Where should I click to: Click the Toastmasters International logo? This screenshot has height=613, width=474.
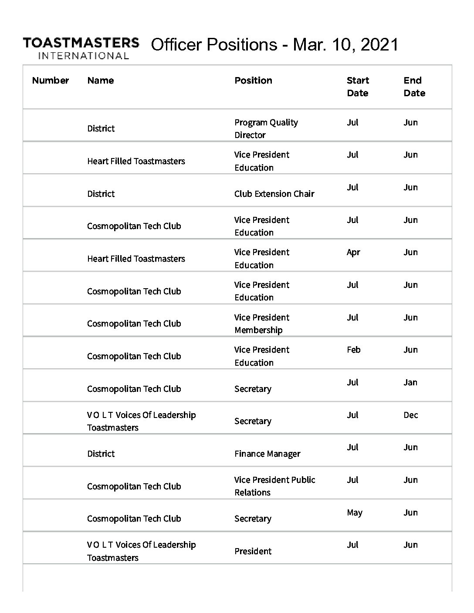[x=81, y=48]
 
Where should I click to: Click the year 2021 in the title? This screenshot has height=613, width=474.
[x=379, y=44]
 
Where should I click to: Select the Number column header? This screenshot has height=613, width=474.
[x=51, y=81]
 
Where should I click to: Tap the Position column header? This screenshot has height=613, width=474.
[x=253, y=81]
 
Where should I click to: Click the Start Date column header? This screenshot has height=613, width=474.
[x=358, y=87]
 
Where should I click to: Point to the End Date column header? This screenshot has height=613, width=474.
[x=414, y=87]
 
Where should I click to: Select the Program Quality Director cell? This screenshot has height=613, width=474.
[x=266, y=129]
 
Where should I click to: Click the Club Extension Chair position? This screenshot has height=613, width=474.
[x=274, y=194]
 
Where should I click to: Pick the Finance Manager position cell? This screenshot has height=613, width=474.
[x=267, y=454]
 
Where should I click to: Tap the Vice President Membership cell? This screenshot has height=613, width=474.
[x=261, y=324]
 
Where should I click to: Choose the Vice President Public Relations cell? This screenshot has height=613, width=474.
[x=274, y=486]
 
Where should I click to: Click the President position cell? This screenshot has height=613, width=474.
[x=253, y=551]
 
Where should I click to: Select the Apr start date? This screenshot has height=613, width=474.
[x=353, y=253]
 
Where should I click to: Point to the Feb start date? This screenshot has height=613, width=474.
[x=353, y=350]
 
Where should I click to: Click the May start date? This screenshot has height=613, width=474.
[x=354, y=513]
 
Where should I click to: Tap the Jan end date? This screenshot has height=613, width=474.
[x=410, y=383]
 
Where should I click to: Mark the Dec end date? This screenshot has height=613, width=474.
[x=410, y=415]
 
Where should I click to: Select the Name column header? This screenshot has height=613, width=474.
[x=100, y=81]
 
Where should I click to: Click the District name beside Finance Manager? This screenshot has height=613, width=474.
[x=101, y=454]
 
